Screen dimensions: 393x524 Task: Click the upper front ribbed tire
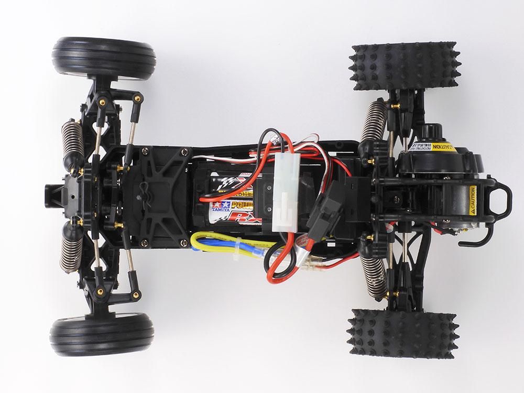pos(103,58)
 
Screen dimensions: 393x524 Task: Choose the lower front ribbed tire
pos(102,333)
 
